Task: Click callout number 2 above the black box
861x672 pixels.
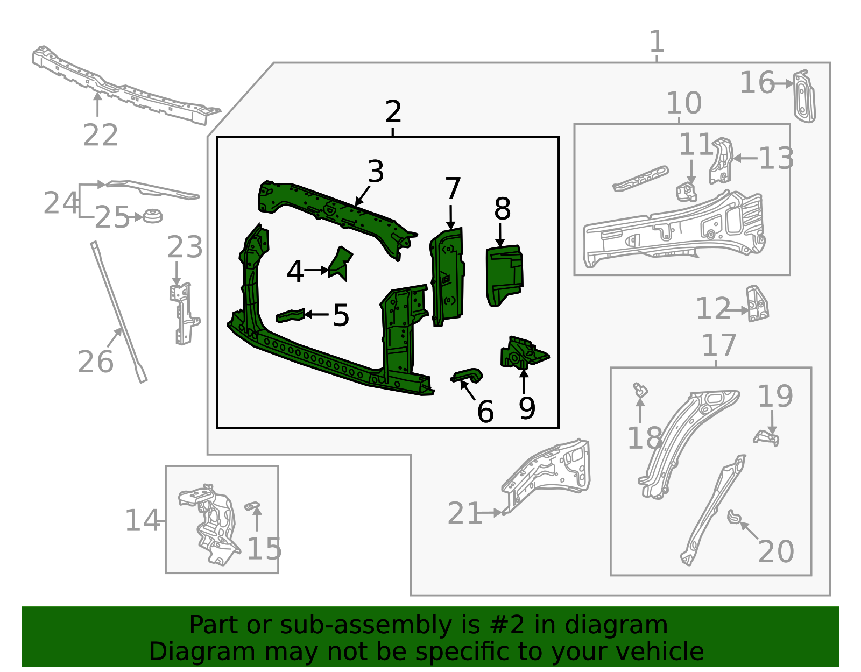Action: pos(393,112)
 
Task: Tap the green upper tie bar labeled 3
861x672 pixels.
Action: pos(334,210)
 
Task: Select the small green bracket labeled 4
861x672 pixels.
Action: pos(340,264)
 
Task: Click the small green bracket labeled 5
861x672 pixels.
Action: pos(290,316)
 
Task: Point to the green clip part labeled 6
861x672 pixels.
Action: pos(467,376)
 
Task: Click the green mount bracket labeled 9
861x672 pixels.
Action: pos(522,353)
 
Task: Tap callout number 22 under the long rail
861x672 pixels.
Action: pos(100,135)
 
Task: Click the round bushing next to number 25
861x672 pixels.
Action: pos(153,216)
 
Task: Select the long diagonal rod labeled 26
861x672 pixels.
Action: pos(118,312)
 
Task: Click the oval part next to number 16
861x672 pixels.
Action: pos(804,97)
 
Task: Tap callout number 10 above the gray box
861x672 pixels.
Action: pos(683,103)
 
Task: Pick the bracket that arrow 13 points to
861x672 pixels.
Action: pos(721,160)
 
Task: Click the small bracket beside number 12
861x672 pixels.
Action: pos(757,305)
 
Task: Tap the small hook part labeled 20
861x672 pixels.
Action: pos(734,517)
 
